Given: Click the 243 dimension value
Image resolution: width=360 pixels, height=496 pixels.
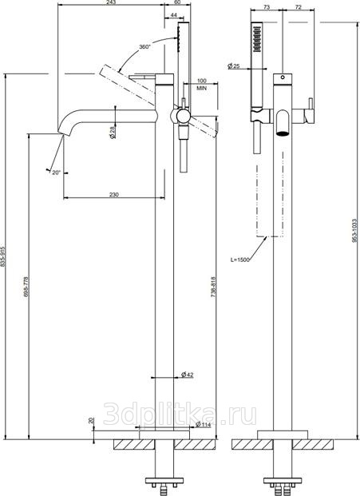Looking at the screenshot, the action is [112, 2].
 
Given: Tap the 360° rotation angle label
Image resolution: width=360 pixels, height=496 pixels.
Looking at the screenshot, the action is [144, 46].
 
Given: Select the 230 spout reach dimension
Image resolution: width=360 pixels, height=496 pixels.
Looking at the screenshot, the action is [114, 194].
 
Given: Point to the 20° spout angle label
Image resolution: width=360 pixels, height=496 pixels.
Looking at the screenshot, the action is [56, 173].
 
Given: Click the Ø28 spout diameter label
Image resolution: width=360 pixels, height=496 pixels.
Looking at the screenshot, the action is [113, 131].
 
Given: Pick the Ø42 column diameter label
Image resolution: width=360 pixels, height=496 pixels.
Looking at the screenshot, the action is [187, 375].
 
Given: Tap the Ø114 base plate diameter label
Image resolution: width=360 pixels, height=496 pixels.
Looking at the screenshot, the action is [204, 424].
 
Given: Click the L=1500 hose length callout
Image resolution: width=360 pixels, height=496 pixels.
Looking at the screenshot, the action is [240, 260].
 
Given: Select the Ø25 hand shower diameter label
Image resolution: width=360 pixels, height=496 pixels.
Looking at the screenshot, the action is [234, 66].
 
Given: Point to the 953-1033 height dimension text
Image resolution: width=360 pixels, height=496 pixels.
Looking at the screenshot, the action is [354, 231].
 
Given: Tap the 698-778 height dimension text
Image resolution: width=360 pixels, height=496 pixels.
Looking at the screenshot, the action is [26, 287].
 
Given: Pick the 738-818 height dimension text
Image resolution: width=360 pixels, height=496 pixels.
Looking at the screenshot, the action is [213, 287].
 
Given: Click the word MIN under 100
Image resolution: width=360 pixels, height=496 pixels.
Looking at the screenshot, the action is [202, 88].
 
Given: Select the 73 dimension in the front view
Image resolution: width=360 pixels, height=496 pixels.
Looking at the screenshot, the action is [267, 7].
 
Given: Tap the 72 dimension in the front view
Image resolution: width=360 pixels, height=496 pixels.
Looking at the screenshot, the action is [298, 7].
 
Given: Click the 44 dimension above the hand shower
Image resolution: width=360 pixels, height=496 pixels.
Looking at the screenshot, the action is [173, 15].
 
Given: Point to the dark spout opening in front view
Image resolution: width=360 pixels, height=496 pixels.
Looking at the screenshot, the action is [283, 133].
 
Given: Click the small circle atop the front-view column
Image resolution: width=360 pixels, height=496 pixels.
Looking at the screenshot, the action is [283, 77].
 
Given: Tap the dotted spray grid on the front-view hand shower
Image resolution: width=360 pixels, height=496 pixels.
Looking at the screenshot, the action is [257, 38].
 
